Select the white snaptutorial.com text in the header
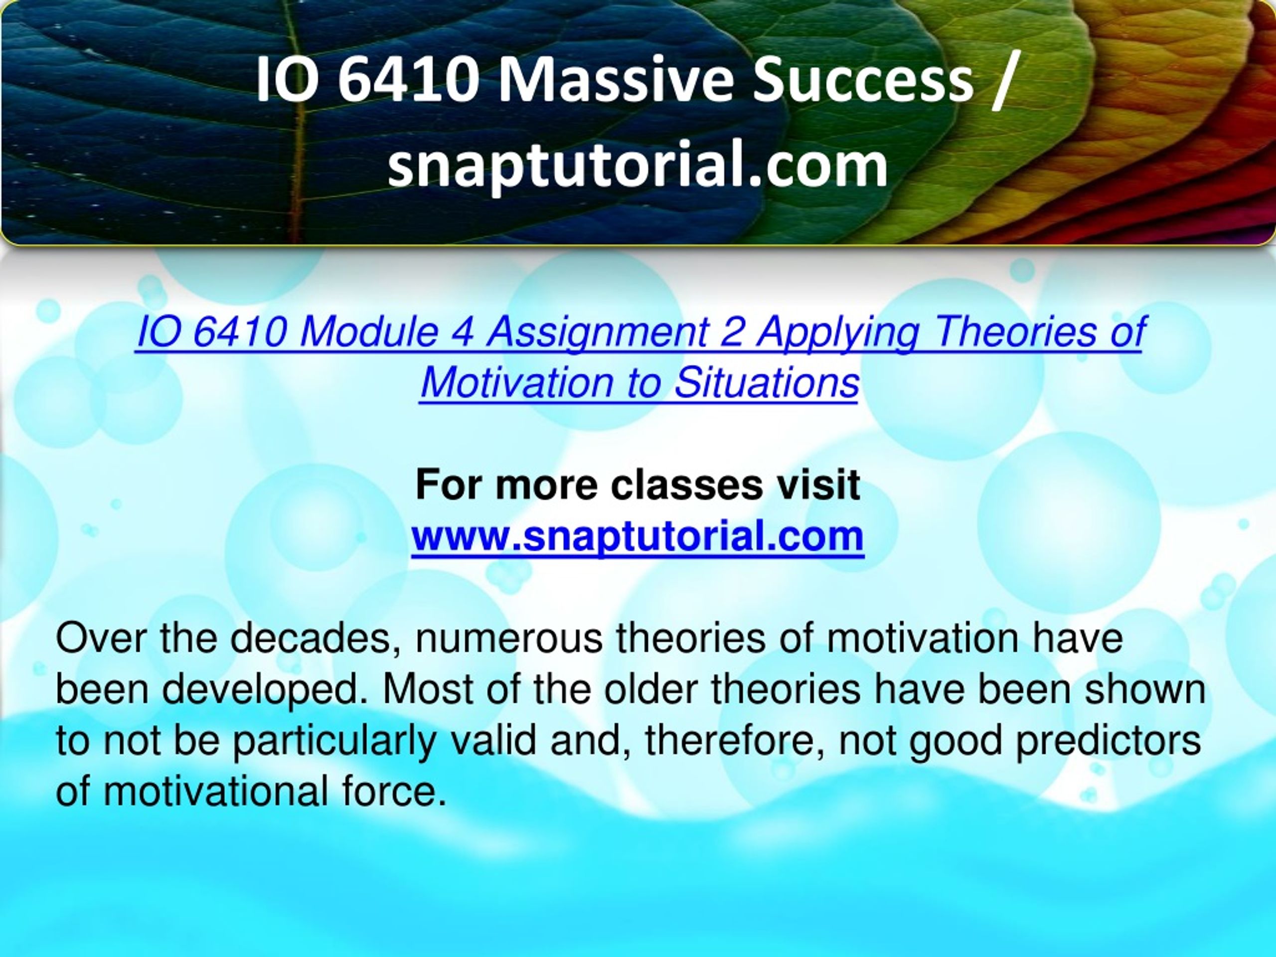pos(638,166)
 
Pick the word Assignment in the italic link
pos(598,333)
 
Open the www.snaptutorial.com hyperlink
pos(638,536)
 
